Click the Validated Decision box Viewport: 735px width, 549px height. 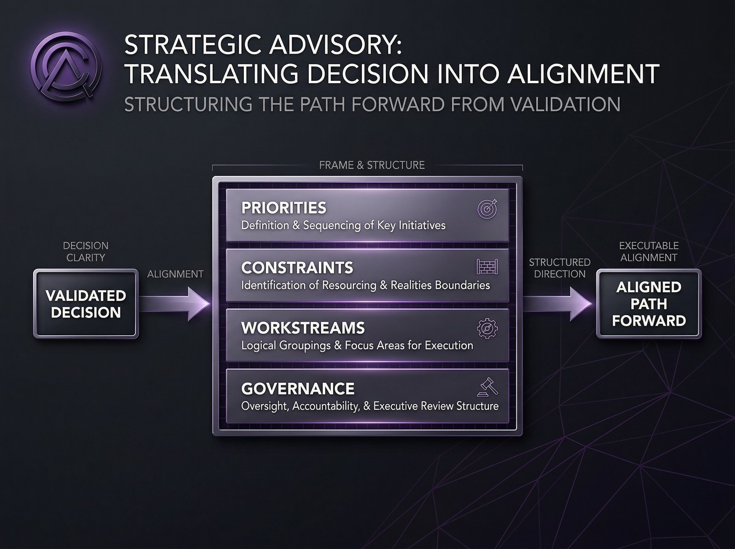click(86, 304)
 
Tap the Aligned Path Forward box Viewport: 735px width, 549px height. click(649, 304)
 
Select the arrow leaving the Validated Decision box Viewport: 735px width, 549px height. click(175, 304)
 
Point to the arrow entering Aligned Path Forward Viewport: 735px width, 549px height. click(558, 304)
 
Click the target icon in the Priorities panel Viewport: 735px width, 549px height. click(487, 209)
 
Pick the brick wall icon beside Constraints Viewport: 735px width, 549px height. click(487, 267)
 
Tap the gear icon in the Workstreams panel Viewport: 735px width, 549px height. click(487, 328)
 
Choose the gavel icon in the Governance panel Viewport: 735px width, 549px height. click(487, 388)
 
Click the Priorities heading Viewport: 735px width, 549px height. click(283, 208)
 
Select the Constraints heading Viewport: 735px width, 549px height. click(297, 267)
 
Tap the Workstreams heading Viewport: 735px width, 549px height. click(303, 328)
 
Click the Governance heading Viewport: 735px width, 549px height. click(298, 389)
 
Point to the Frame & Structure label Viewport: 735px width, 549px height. click(372, 165)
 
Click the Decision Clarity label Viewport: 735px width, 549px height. click(86, 252)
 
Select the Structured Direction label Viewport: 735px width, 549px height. click(560, 268)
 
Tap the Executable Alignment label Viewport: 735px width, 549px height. click(649, 252)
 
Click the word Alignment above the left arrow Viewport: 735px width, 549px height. click(175, 274)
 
